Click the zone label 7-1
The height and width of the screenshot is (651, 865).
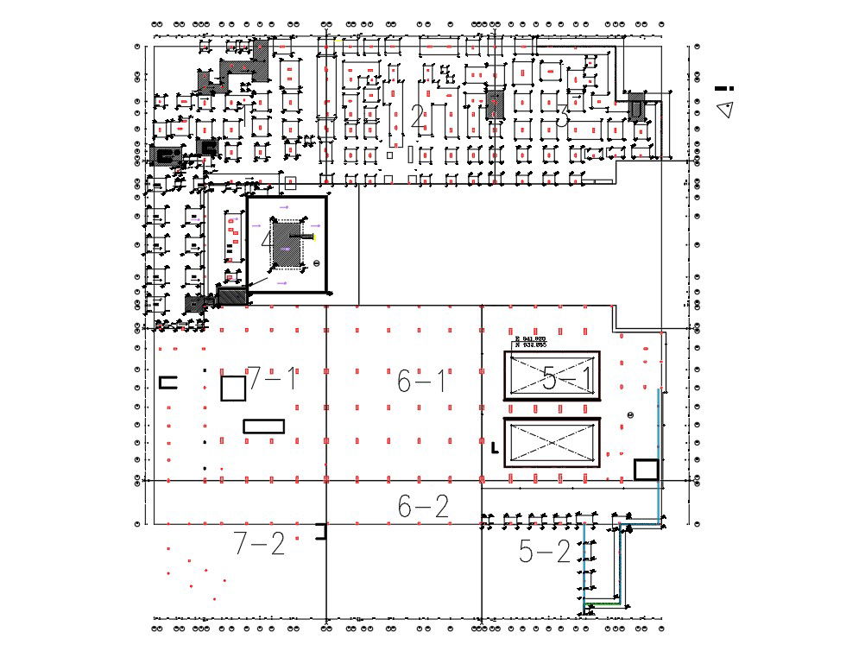(x=273, y=378)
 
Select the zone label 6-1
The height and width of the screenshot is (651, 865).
(x=422, y=381)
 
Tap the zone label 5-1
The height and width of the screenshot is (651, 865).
(x=567, y=379)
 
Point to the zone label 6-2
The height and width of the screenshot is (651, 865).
(x=423, y=507)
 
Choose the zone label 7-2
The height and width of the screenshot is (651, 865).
(x=259, y=544)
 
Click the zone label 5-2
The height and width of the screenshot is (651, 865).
(x=545, y=552)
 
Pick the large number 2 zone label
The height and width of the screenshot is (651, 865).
(x=418, y=117)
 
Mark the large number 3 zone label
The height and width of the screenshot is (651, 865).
(x=562, y=115)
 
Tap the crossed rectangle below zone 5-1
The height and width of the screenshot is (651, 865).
(x=551, y=442)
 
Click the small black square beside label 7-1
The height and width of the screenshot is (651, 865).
(x=233, y=389)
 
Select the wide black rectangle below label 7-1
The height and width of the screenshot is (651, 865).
(x=263, y=426)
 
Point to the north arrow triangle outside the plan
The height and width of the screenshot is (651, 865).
(x=725, y=109)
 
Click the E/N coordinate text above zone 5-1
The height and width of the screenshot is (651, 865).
(x=528, y=341)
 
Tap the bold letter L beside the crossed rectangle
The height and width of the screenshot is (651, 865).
(x=494, y=447)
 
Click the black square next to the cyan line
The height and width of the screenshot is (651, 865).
(x=646, y=470)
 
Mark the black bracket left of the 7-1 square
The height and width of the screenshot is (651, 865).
(x=167, y=382)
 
